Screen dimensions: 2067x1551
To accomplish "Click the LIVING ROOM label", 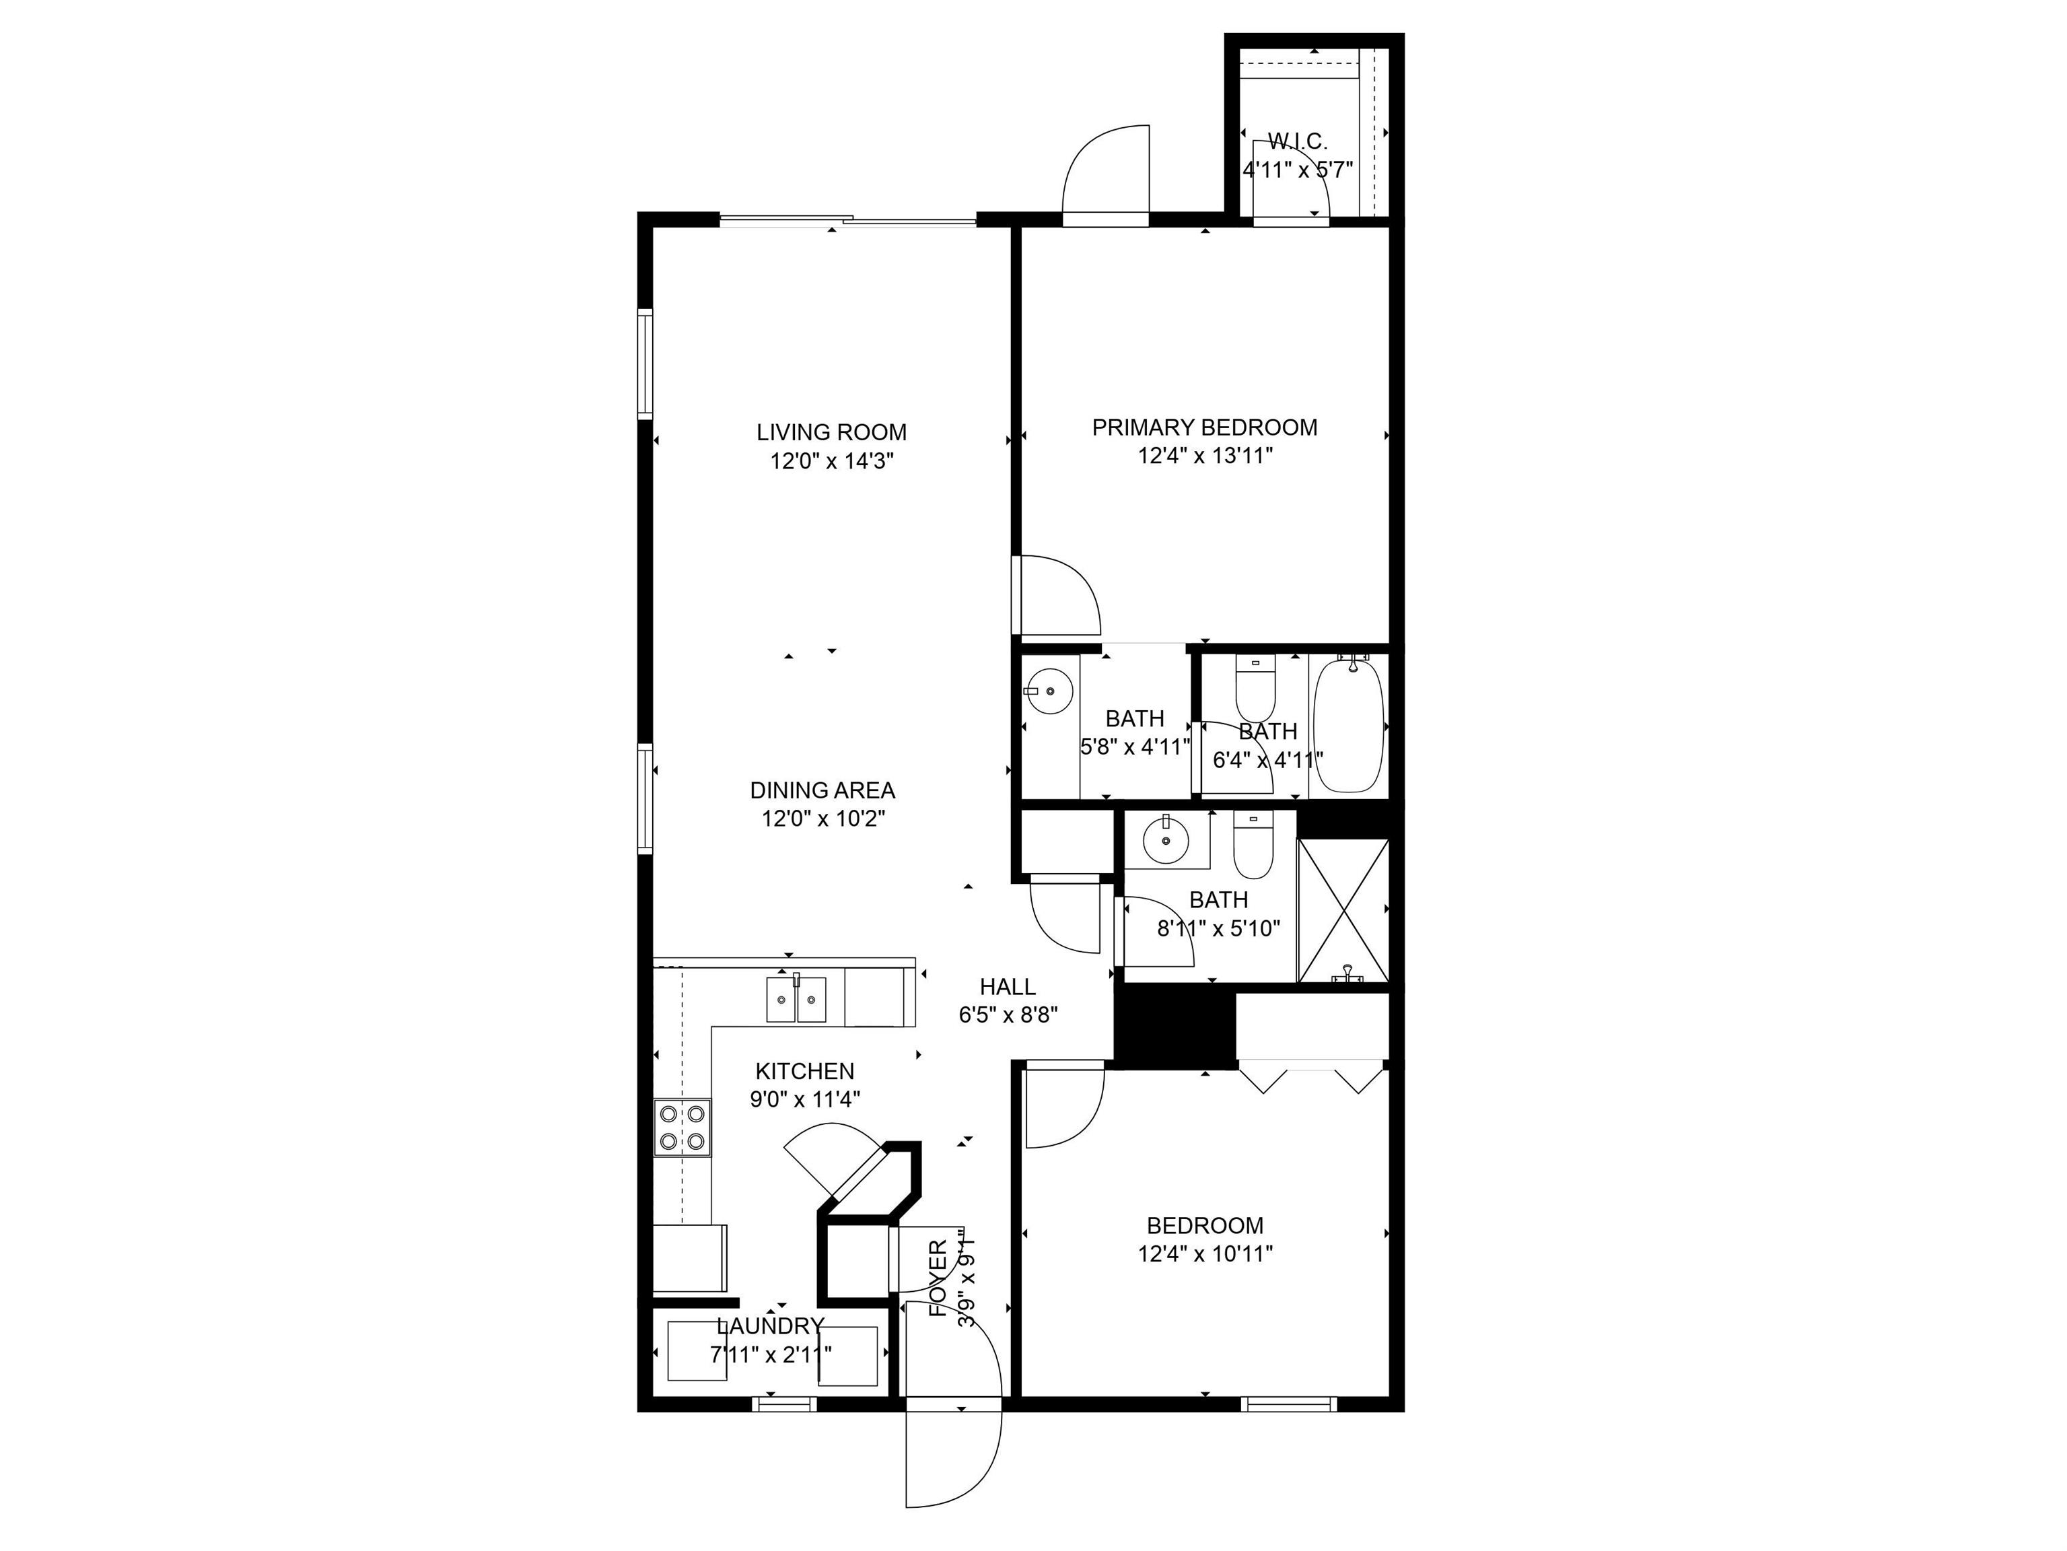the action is click(831, 433).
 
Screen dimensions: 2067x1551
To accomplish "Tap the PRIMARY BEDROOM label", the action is click(1205, 428).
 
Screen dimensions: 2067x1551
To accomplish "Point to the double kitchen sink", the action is click(796, 999).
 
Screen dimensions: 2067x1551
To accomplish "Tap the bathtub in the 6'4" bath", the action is click(1347, 726).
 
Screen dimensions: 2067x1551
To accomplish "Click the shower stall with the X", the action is click(1343, 911).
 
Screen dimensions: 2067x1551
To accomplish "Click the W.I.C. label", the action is click(1297, 142).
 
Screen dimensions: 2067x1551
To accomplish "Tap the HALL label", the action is click(1008, 987).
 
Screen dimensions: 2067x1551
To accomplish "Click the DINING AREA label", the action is click(822, 790).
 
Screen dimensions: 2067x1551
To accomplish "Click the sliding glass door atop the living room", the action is click(847, 221).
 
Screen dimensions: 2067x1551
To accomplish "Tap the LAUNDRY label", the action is click(770, 1326).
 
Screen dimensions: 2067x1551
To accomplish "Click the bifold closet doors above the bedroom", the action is click(1312, 1076).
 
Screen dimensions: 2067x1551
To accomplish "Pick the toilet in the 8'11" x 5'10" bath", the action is click(1253, 846).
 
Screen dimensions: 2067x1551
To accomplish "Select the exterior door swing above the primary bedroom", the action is click(1107, 175).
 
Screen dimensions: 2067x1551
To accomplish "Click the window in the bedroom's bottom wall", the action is click(1289, 1404).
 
